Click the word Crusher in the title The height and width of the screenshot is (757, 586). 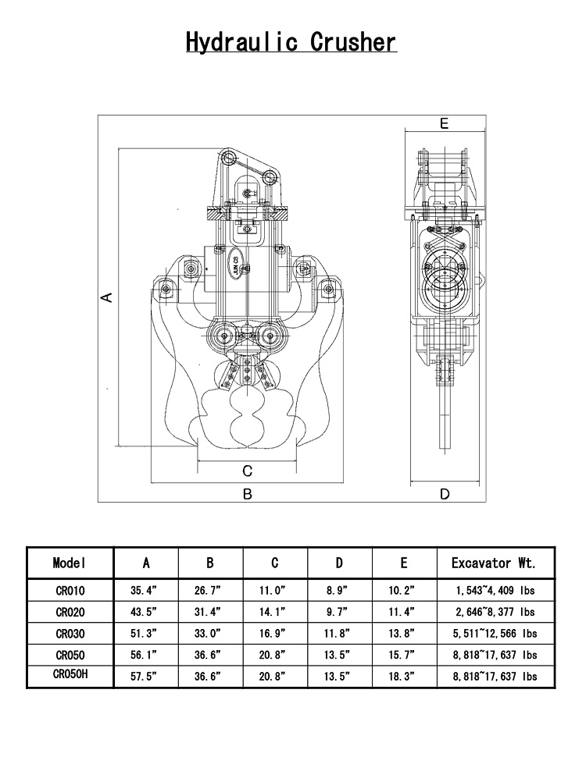click(x=353, y=41)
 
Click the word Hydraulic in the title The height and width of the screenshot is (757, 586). click(x=241, y=42)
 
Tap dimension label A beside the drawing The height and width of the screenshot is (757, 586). click(x=107, y=297)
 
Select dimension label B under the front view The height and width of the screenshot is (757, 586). click(x=248, y=494)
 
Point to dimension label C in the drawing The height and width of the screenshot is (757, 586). click(x=247, y=471)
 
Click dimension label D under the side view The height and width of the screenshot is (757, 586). click(x=445, y=494)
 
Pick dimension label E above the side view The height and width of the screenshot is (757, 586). click(x=444, y=123)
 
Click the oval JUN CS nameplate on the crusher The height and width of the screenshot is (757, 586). click(x=235, y=264)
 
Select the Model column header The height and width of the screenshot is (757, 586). click(x=70, y=563)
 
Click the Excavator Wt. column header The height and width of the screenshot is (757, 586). click(x=494, y=563)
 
